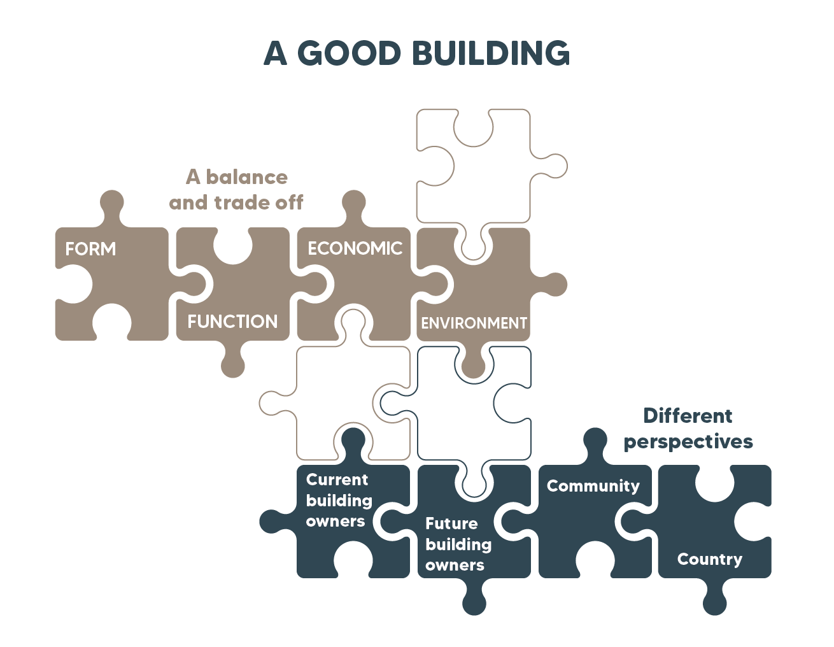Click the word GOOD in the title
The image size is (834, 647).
(349, 53)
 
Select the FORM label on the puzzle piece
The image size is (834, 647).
(90, 249)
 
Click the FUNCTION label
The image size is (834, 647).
(232, 322)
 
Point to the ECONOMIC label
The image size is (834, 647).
(355, 248)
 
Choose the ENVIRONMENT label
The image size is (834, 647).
(474, 323)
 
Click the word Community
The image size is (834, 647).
(593, 486)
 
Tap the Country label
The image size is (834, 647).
(709, 559)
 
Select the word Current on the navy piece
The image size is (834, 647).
(337, 480)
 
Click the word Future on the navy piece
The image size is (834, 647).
(451, 523)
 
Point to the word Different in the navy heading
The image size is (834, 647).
(688, 416)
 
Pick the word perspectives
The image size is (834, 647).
(688, 442)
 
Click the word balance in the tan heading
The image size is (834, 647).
(246, 177)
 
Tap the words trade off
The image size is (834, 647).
(258, 203)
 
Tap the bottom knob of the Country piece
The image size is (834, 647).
(715, 602)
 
